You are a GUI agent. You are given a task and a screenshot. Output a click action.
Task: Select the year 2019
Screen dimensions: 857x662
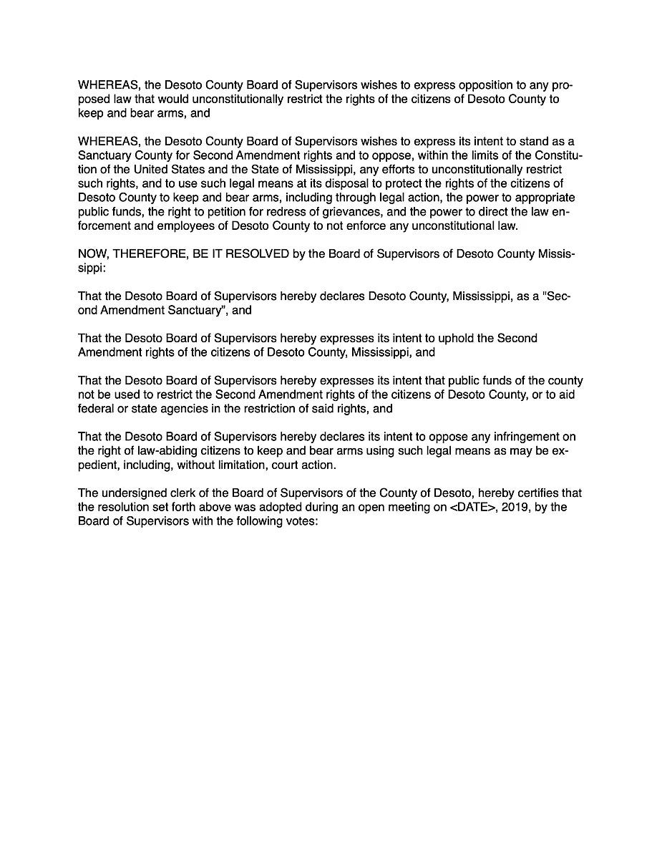[x=497, y=508]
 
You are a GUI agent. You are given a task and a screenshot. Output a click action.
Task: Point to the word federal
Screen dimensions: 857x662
[x=97, y=410]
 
